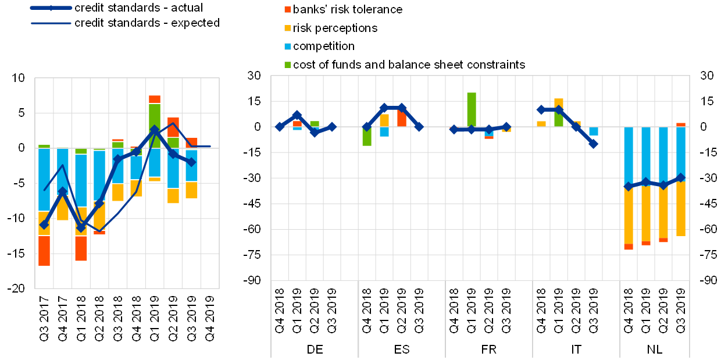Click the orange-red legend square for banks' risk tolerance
[287, 10]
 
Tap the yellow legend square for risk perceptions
[287, 28]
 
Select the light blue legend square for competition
[287, 46]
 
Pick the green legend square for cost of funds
[287, 64]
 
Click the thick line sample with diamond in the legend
[51, 8]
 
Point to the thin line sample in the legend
[51, 23]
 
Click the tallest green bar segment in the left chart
[154, 120]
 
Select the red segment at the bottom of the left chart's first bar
[44, 250]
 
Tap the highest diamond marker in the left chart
[154, 130]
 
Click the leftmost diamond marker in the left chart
[44, 224]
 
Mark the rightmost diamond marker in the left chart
[191, 162]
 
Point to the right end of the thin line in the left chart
[209, 147]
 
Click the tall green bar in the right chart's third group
[472, 109]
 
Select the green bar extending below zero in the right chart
[367, 136]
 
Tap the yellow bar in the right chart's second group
[384, 120]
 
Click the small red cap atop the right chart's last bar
[681, 124]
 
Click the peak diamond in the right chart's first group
[297, 115]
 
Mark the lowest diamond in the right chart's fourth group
[594, 144]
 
